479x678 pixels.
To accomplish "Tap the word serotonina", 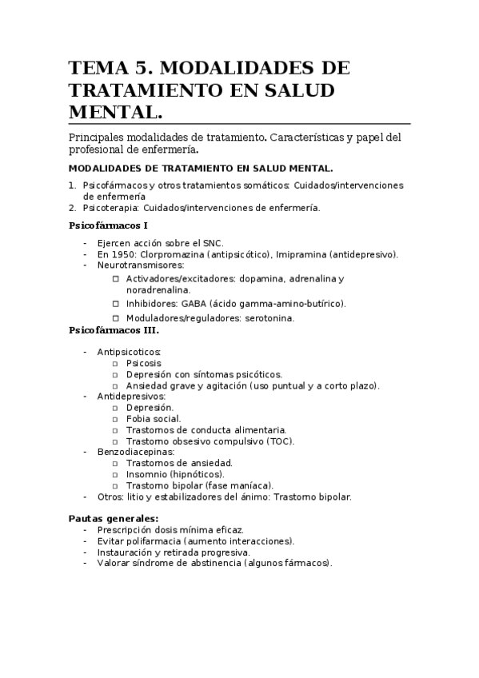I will (x=269, y=317).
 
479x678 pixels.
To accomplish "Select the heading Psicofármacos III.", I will (x=114, y=329).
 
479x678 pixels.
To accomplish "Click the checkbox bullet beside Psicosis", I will (x=116, y=363).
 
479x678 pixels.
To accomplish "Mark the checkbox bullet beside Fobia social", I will (x=116, y=418).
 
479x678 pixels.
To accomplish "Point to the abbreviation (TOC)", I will (x=279, y=441).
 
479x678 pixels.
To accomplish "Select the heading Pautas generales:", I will (x=114, y=518).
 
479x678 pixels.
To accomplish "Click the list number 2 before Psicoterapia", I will (x=72, y=208).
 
